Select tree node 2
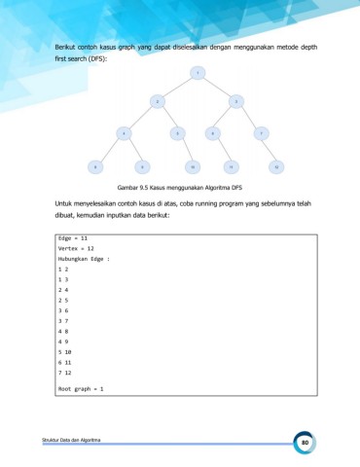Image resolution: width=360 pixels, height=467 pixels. [157, 100]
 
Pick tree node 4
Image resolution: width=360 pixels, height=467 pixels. [124, 132]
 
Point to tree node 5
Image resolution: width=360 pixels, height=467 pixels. [178, 132]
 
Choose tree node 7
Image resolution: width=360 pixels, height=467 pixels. [261, 132]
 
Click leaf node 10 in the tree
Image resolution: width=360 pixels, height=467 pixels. [194, 166]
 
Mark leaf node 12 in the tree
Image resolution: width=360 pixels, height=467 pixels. [276, 166]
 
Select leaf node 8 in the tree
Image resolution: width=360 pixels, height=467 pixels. [95, 166]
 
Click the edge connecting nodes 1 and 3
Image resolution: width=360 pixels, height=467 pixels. [216, 86]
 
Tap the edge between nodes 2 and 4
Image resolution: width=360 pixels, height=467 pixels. [140, 117]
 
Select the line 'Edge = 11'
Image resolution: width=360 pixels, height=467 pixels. [74, 237]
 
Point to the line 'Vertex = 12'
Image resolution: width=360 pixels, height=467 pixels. [79, 248]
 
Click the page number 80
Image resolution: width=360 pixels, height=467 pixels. [305, 443]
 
